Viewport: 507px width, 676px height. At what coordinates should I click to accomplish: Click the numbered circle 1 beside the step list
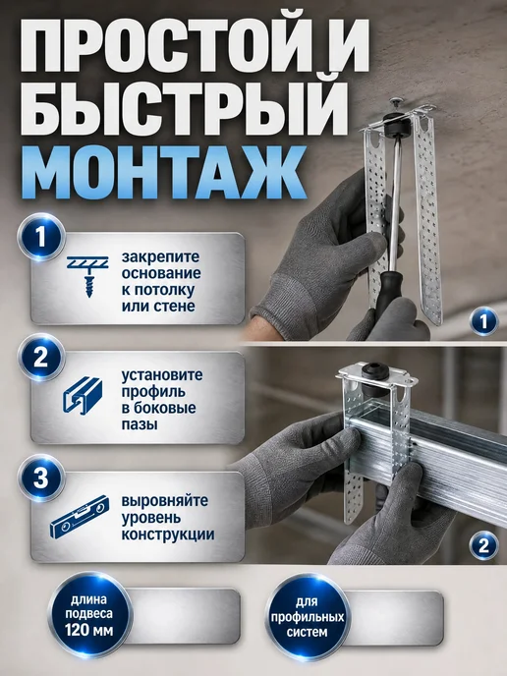coord(41,237)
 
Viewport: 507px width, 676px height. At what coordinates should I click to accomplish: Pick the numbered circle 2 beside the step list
coord(41,357)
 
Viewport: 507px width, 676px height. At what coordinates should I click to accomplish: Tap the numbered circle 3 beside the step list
coord(41,478)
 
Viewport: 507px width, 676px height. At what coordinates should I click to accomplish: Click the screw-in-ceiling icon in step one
coord(87,276)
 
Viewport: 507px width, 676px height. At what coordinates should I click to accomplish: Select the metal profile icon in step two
coord(83,397)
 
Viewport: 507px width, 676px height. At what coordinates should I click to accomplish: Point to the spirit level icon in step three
coord(78,517)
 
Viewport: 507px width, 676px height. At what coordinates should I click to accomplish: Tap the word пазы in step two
coord(140,424)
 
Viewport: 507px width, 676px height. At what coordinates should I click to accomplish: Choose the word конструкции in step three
coord(168,535)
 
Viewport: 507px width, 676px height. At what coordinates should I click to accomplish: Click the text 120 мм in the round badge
coord(89,630)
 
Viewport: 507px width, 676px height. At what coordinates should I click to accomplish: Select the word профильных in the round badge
coord(308,617)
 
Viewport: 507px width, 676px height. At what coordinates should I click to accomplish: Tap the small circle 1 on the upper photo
coord(483,321)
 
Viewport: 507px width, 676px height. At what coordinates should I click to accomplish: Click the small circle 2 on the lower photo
coord(483,546)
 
